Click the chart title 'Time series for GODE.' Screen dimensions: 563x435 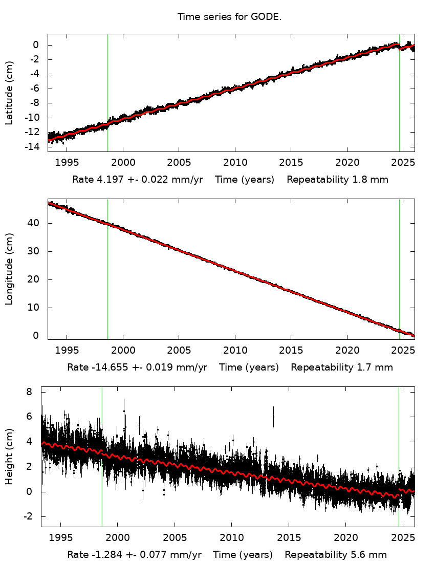[229, 17]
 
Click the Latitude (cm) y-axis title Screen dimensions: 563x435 [9, 93]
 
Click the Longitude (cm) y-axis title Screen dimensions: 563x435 [9, 269]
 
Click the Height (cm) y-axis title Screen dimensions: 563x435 [9, 457]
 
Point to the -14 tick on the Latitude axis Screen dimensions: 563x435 [34, 147]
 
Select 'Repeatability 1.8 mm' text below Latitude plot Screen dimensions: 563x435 [337, 180]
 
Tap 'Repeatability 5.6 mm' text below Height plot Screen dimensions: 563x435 [336, 555]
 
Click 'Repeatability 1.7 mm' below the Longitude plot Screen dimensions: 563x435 [342, 367]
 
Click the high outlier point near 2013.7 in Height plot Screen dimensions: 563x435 [273, 417]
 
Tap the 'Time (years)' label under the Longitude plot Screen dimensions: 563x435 [249, 367]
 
